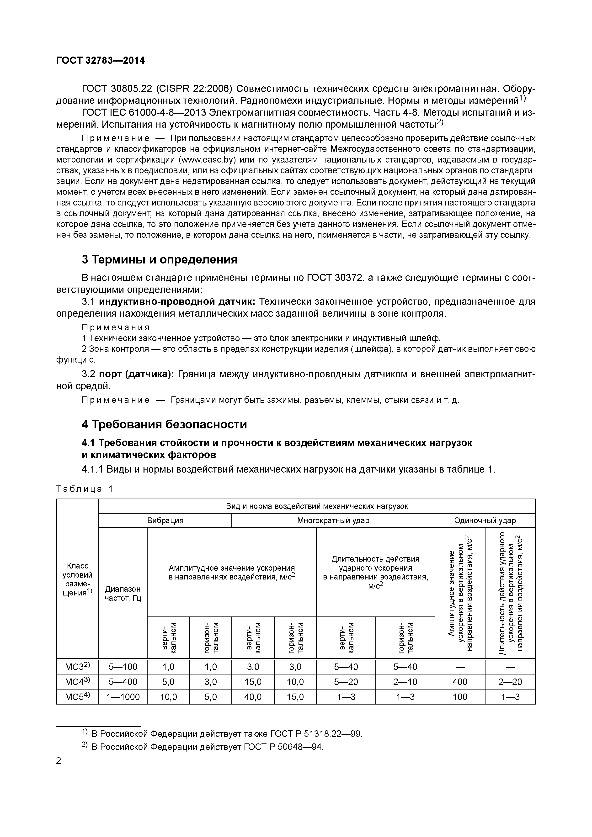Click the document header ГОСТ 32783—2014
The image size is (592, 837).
coord(100,61)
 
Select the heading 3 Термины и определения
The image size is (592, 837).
coord(159,260)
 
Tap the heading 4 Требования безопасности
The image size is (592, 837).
coord(164,424)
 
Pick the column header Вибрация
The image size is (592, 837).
coord(165,520)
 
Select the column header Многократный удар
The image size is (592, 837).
coord(333,520)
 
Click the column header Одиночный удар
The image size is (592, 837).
coord(485,520)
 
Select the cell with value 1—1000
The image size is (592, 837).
coord(123,697)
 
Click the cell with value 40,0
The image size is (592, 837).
coord(253,697)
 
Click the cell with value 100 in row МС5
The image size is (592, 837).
coord(460,697)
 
